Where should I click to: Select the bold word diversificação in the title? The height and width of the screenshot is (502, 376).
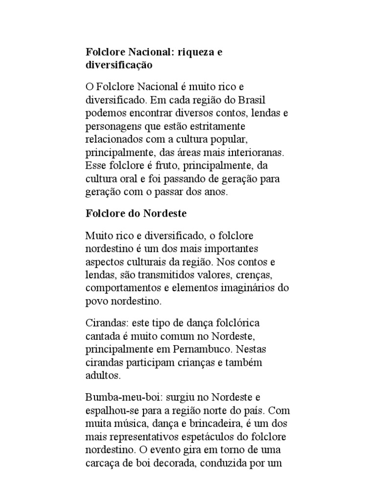point(120,65)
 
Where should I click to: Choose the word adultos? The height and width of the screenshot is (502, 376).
point(102,376)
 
